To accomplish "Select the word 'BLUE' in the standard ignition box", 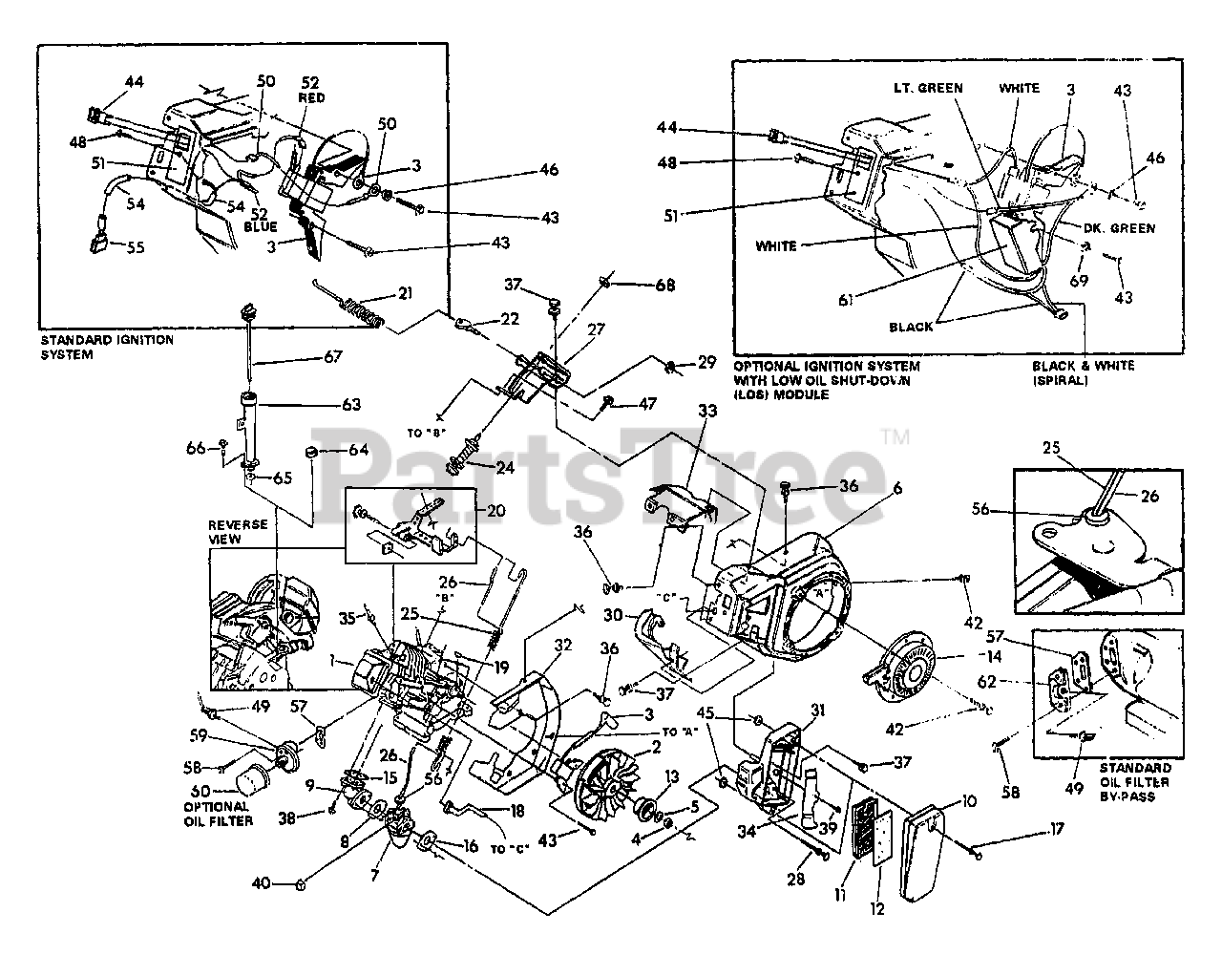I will pos(260,227).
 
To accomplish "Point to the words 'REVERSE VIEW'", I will pos(239,532).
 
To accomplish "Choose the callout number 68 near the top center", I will pos(664,286).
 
